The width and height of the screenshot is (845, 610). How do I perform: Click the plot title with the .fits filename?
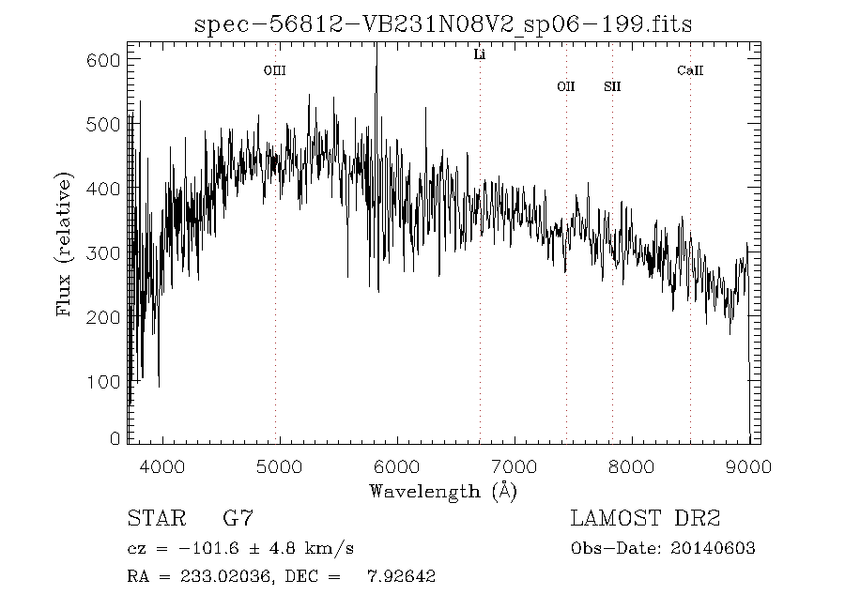coord(442,24)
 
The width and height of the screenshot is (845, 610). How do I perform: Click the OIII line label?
coord(274,70)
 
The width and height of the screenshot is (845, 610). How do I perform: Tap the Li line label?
coord(479,55)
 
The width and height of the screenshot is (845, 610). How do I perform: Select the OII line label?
coord(565,86)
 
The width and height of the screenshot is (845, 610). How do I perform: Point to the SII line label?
coord(612,86)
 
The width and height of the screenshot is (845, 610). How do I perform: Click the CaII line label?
coord(690,70)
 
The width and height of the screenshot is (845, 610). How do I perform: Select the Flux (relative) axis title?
coord(65,244)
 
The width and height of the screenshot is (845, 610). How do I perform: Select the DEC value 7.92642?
coord(400,576)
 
